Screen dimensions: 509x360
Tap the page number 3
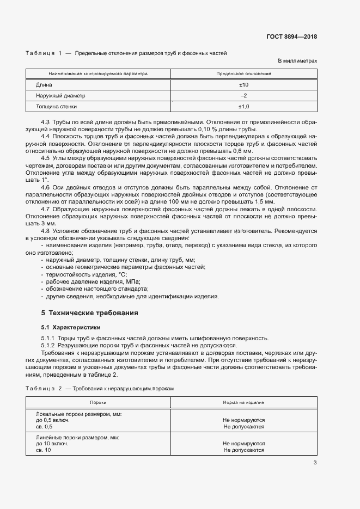pyautogui.click(x=315, y=463)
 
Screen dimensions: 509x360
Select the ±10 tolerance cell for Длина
pyautogui.click(x=243, y=85)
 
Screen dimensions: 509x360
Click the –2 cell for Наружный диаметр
pyautogui.click(x=243, y=95)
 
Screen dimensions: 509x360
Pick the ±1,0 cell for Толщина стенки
pyautogui.click(x=243, y=106)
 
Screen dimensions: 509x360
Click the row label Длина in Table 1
pyautogui.click(x=44, y=85)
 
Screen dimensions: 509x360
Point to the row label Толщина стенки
pyautogui.click(x=57, y=106)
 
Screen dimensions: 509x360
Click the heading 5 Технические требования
pyautogui.click(x=90, y=313)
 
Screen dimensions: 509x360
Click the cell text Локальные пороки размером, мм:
pyautogui.click(x=78, y=414)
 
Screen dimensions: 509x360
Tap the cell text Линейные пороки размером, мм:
pyautogui.click(x=77, y=437)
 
